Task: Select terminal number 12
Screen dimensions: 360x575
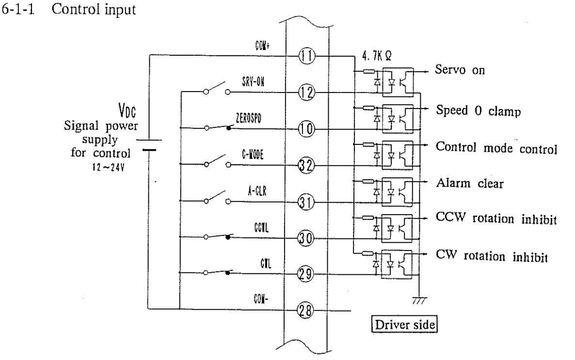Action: click(x=307, y=92)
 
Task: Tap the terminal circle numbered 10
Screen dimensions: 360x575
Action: click(x=307, y=129)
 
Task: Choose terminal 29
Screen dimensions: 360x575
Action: click(x=307, y=275)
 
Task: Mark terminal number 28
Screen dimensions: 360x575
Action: click(x=307, y=310)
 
